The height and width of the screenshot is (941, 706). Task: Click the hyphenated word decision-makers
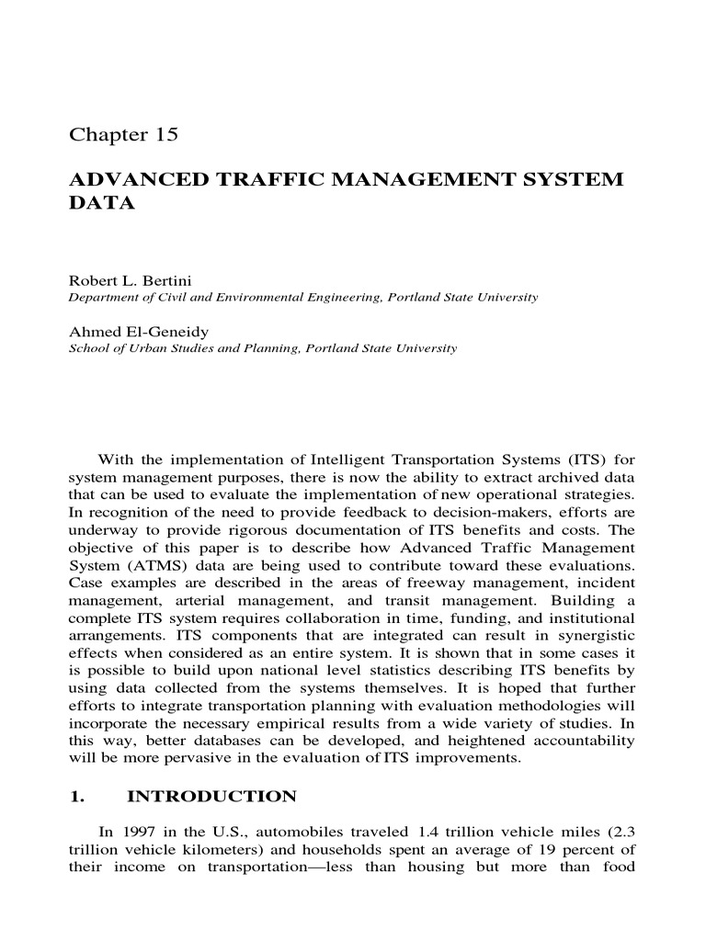[x=496, y=513]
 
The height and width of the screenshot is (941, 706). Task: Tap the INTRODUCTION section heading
[x=211, y=796]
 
